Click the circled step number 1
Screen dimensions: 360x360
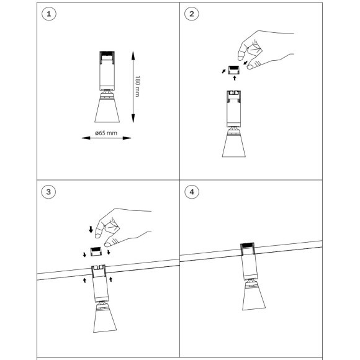click(48, 14)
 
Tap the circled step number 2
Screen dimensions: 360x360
click(192, 14)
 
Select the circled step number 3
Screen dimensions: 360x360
click(48, 192)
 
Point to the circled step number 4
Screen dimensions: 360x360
click(192, 192)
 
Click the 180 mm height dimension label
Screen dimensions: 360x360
click(137, 86)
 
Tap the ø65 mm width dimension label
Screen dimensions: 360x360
click(106, 133)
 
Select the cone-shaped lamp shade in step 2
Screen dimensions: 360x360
click(234, 143)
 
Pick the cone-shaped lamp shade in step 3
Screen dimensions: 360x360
click(105, 318)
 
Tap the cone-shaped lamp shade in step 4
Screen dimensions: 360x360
click(254, 296)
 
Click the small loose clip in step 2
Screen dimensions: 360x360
click(234, 70)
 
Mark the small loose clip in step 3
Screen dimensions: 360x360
click(96, 251)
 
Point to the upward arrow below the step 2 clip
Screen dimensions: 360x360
click(235, 78)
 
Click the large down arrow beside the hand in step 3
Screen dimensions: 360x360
click(91, 230)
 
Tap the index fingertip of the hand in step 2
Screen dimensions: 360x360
click(240, 58)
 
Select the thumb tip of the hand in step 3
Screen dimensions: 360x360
click(107, 245)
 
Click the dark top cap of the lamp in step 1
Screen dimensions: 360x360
click(107, 53)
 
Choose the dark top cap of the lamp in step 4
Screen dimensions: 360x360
click(247, 245)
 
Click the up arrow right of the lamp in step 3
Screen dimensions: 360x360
click(111, 279)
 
